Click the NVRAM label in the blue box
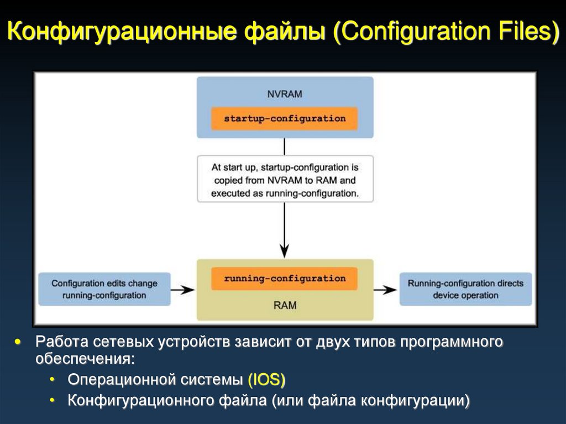(285, 94)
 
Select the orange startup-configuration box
(285, 118)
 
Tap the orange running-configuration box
(285, 279)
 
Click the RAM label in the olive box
(285, 305)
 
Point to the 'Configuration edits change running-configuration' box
(104, 289)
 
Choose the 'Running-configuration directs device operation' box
(465, 289)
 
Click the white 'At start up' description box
(285, 180)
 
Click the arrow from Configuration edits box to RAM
(183, 289)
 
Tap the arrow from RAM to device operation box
(386, 289)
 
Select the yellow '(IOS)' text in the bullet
(266, 380)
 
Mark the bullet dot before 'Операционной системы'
(52, 380)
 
